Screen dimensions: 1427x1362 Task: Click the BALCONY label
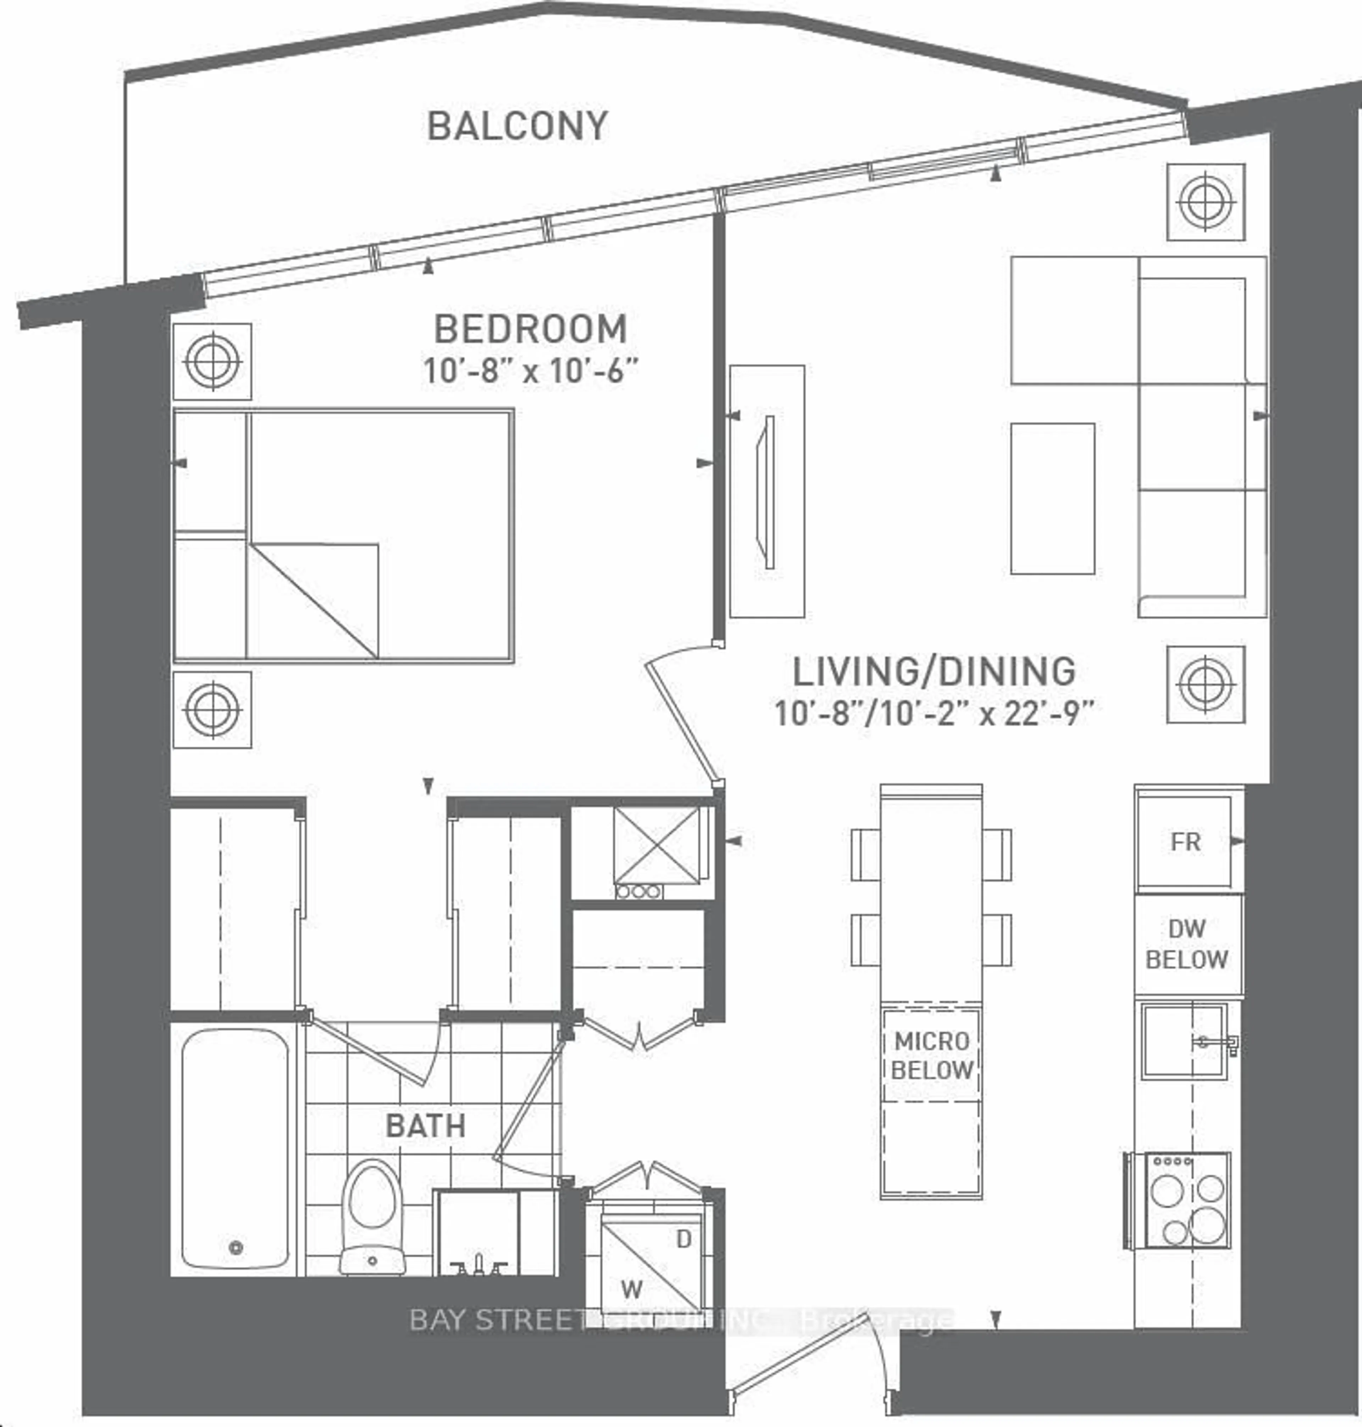pos(517,126)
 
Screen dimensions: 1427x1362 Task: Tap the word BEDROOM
pos(530,329)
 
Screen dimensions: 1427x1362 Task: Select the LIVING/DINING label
pos(934,672)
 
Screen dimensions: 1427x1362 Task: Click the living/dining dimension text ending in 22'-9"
pos(934,713)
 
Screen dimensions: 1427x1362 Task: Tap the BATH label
pos(425,1126)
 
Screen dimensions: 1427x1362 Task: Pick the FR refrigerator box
pos(1185,842)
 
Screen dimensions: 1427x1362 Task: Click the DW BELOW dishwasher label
pos(1186,944)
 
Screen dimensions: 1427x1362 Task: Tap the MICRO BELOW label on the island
pos(931,1055)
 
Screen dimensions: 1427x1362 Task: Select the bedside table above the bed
pos(212,361)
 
